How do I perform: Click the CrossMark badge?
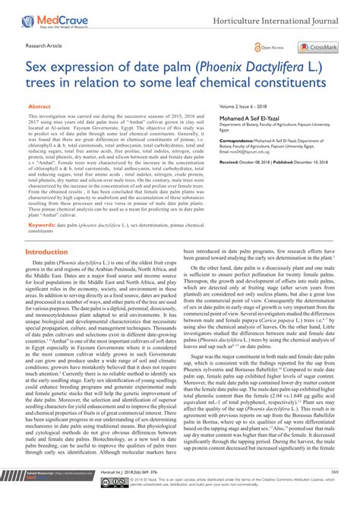317,47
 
